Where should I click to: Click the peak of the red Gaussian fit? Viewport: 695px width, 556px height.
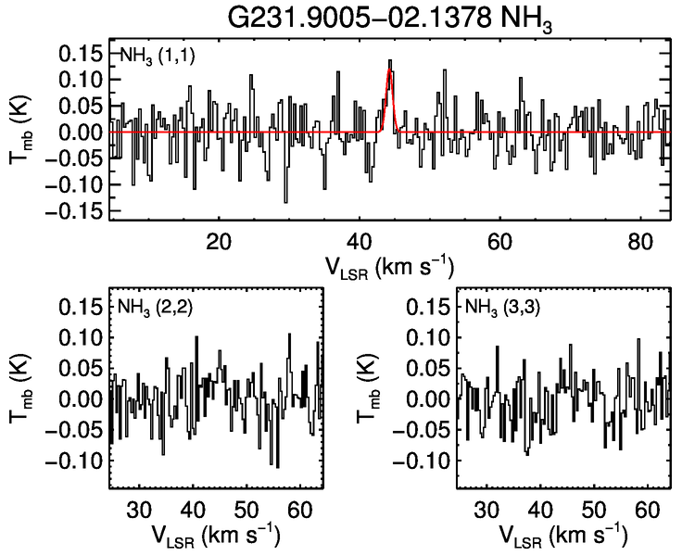(x=390, y=69)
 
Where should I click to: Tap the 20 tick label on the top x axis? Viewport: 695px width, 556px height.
(x=219, y=239)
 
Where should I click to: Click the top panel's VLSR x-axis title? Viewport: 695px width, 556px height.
(x=389, y=266)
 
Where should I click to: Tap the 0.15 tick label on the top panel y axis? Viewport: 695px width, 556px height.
(x=82, y=53)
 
